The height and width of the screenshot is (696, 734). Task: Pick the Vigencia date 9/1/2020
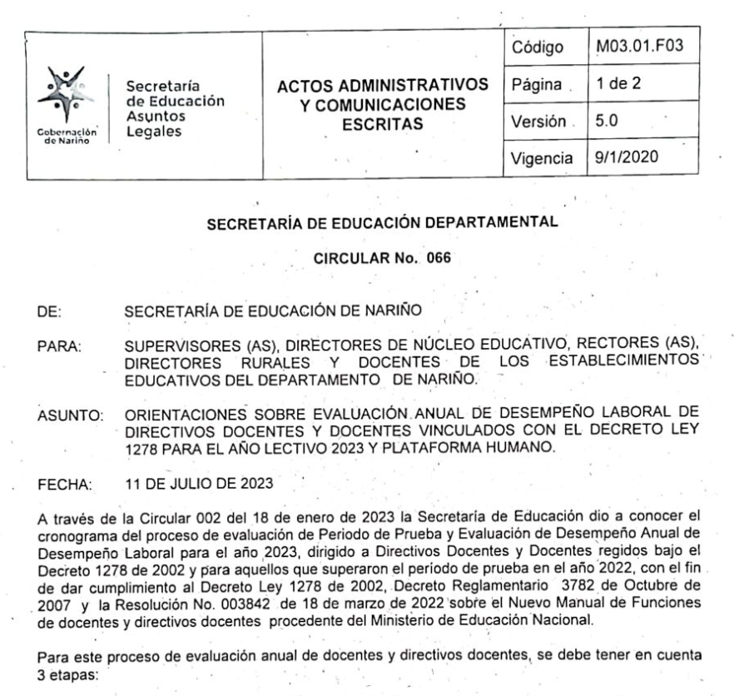coord(620,157)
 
